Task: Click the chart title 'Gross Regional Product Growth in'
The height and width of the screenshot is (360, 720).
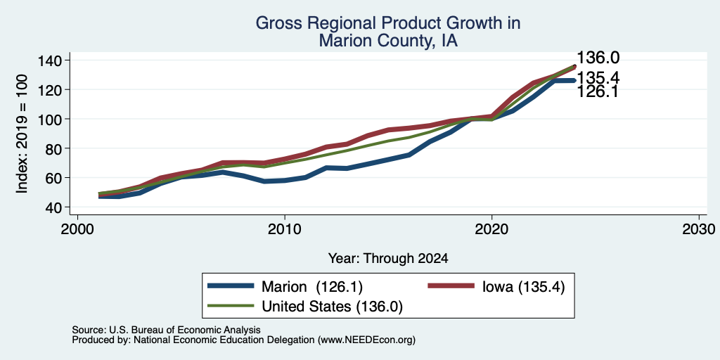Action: point(387,23)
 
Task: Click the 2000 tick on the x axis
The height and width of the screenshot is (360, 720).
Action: point(77,229)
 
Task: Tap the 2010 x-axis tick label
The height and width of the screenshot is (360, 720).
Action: point(285,229)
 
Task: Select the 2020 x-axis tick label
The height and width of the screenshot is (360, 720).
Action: point(491,229)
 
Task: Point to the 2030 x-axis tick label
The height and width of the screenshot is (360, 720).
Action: point(699,229)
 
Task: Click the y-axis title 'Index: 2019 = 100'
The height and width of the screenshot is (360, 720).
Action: point(22,134)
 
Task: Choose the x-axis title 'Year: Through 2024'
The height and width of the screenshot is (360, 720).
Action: point(388,259)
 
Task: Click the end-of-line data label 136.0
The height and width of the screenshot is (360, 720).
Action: point(598,58)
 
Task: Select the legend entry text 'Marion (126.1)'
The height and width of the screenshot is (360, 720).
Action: point(312,287)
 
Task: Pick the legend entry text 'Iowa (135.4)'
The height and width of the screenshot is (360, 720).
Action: point(523,287)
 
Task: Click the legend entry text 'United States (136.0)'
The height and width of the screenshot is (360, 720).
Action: point(332,307)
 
